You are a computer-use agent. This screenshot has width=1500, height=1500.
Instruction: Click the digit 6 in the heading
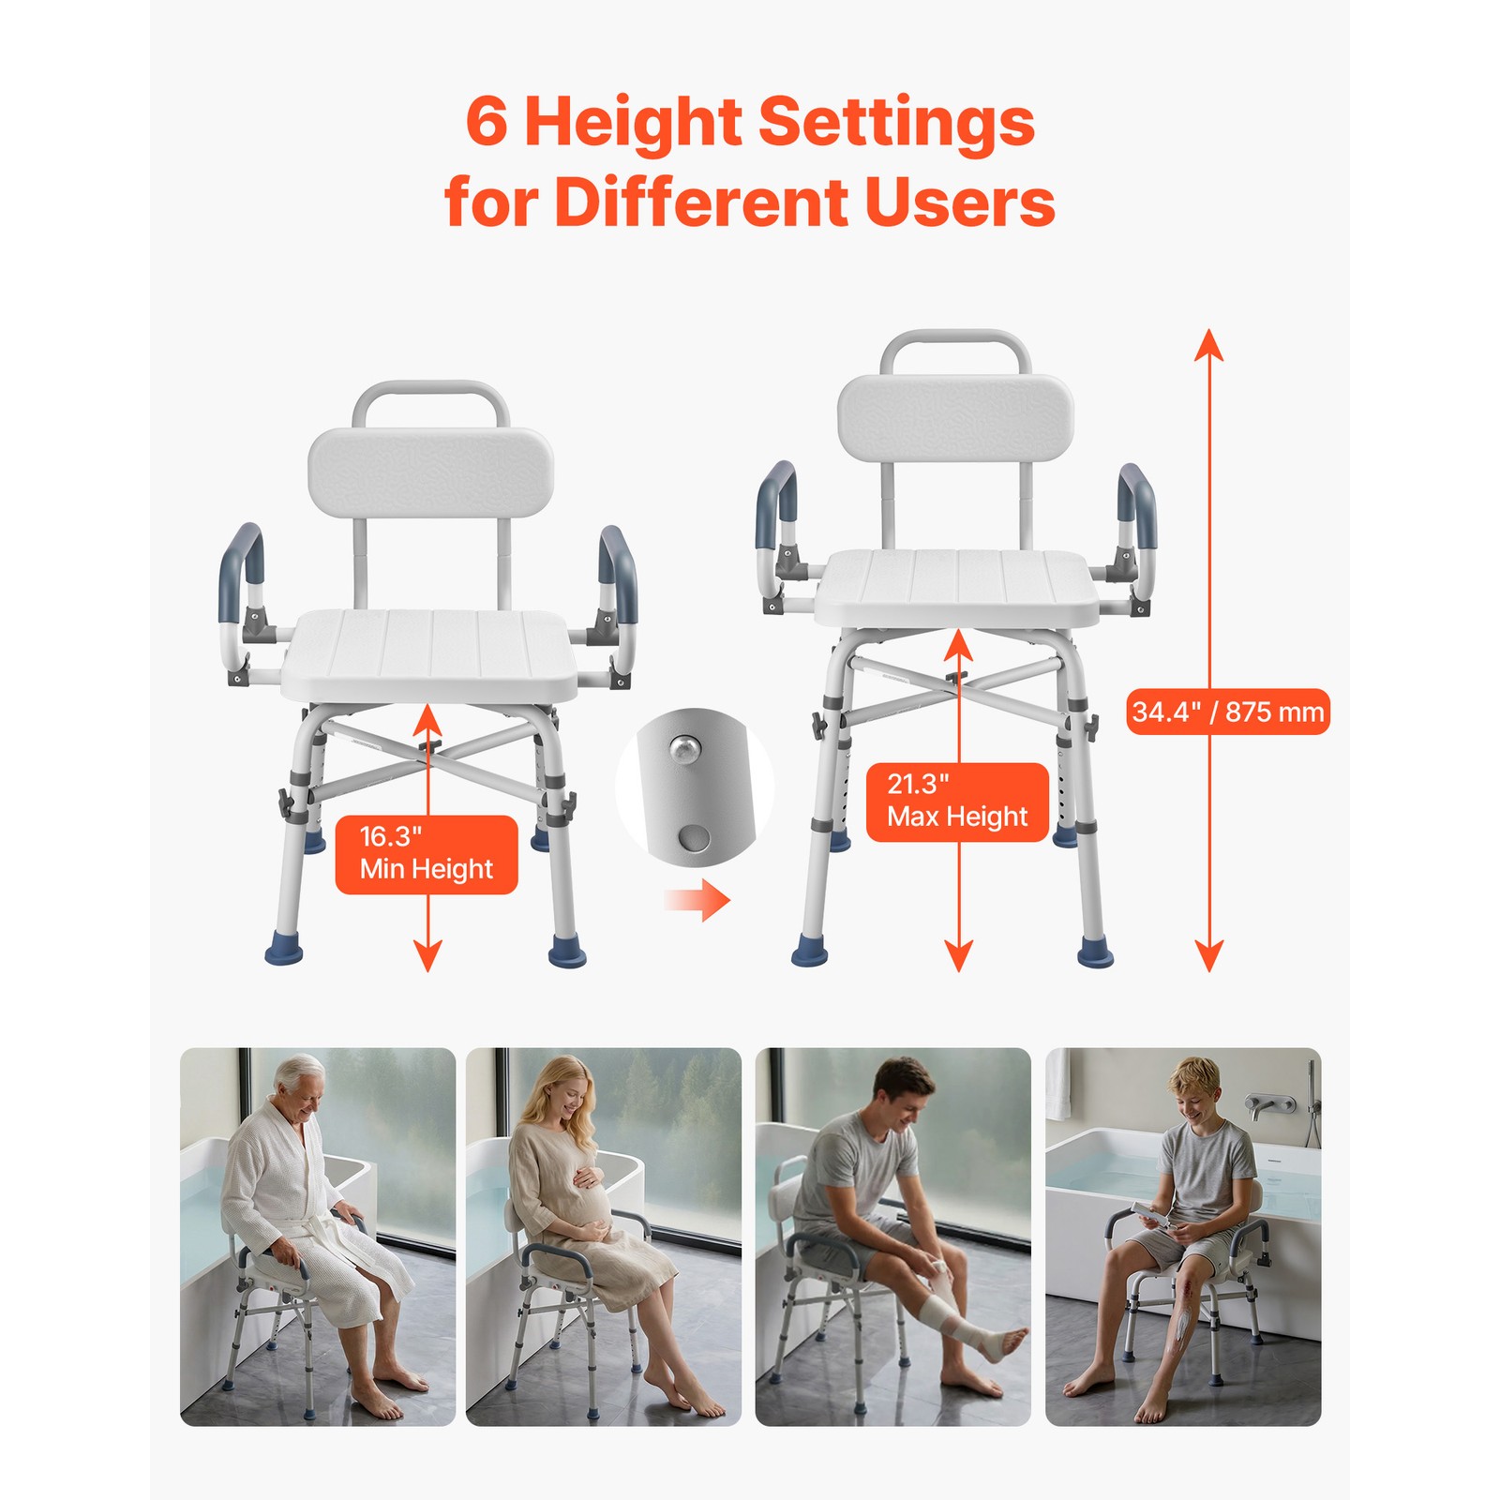click(487, 122)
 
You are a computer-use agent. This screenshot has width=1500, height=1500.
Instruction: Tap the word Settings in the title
click(896, 122)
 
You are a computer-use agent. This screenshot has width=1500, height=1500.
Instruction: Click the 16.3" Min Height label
click(427, 854)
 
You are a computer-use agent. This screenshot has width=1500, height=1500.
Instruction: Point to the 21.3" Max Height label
click(957, 802)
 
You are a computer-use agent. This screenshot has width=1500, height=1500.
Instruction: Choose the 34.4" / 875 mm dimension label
click(1227, 712)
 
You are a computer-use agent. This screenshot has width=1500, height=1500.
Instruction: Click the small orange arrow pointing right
click(697, 901)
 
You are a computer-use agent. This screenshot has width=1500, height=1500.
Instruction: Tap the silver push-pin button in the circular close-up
click(684, 748)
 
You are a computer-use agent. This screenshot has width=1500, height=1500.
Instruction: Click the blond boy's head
click(1194, 1087)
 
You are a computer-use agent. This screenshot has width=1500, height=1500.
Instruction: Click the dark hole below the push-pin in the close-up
click(696, 836)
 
